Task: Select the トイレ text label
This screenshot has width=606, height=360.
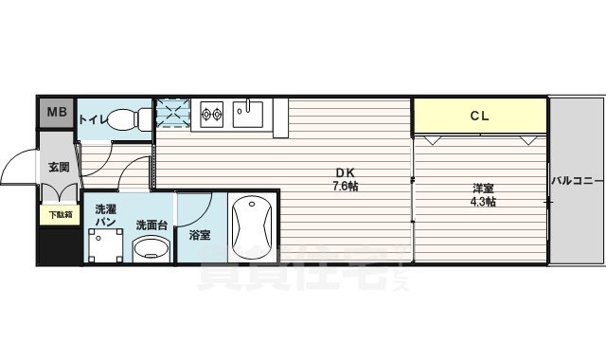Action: (x=92, y=119)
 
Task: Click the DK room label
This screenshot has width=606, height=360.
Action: (x=344, y=172)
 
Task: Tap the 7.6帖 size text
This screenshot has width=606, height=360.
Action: (x=345, y=186)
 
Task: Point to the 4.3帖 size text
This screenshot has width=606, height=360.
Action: (x=484, y=202)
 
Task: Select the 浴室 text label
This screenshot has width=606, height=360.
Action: (x=200, y=234)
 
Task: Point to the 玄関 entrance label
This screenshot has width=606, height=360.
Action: (x=59, y=167)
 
